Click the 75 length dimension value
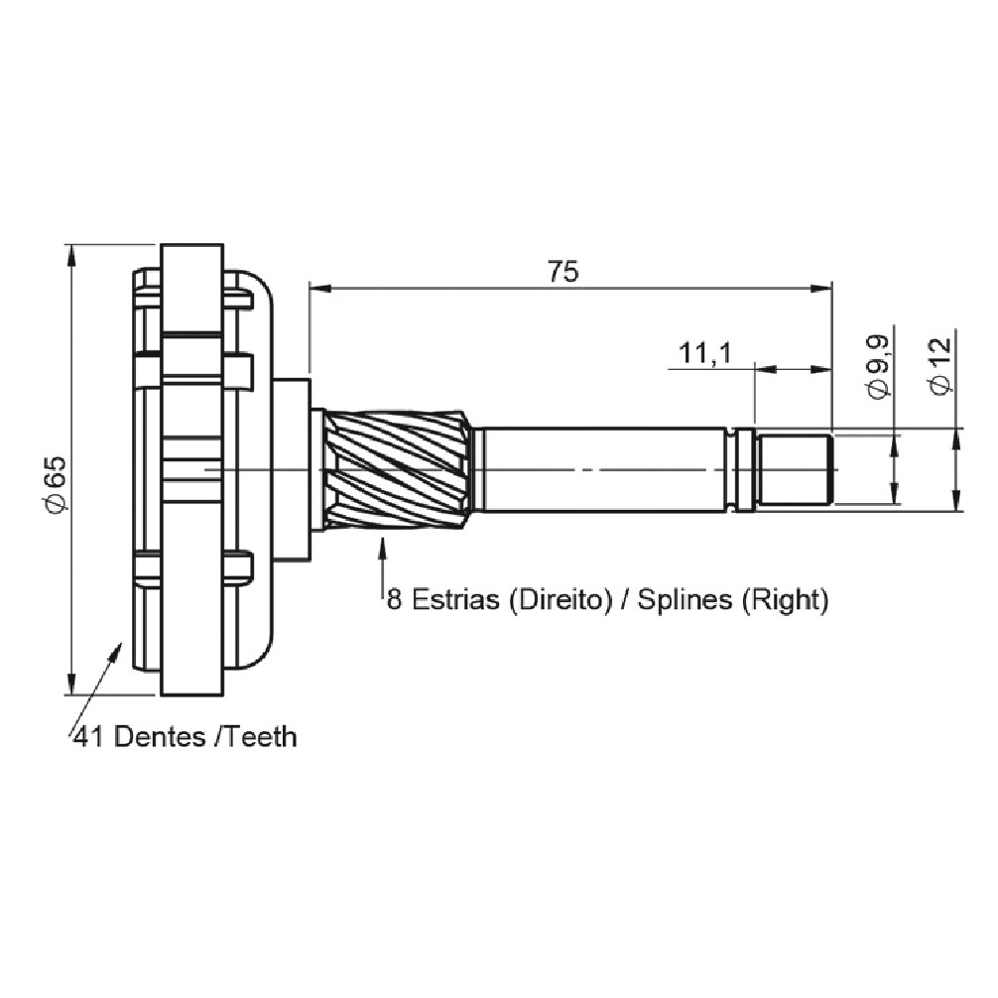[563, 271]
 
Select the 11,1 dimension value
[706, 353]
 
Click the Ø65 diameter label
[56, 484]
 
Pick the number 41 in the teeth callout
[89, 736]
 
